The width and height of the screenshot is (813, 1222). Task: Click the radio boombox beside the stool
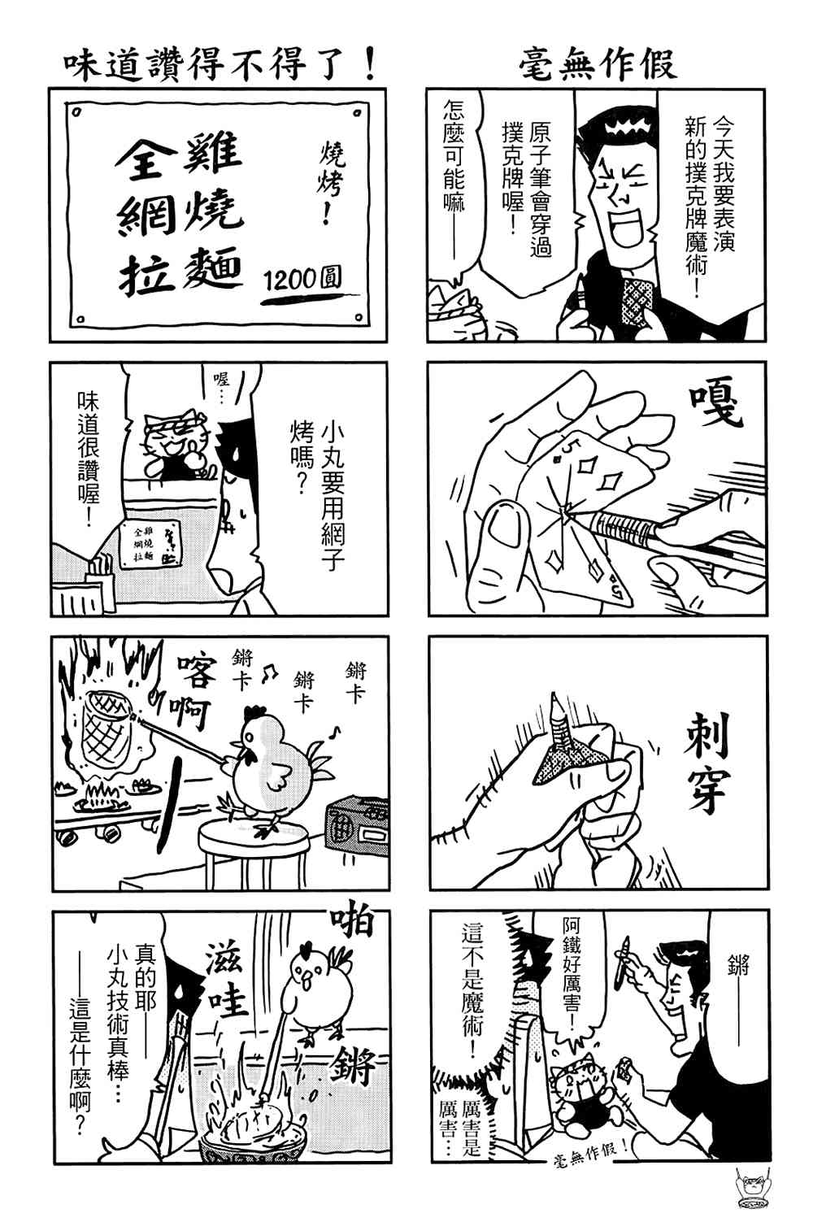[356, 827]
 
